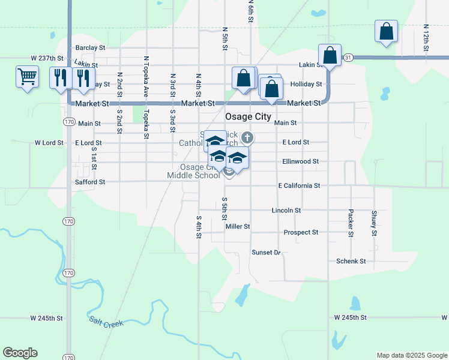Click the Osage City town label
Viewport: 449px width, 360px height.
[248, 117]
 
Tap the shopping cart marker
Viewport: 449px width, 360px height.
[27, 77]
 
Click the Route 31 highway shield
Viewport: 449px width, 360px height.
[348, 58]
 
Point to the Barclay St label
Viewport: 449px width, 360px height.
[90, 47]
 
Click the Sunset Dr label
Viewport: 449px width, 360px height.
[266, 253]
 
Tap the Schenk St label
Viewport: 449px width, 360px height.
[351, 262]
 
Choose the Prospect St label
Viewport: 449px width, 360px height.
[301, 232]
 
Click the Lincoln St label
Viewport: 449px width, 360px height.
[286, 211]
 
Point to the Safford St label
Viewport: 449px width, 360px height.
[90, 182]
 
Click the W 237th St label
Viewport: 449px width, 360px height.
[47, 58]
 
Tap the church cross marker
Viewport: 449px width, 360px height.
[247, 139]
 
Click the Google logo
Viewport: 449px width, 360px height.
[20, 353]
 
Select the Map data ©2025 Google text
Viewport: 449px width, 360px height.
[412, 355]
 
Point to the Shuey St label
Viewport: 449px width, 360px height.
[374, 223]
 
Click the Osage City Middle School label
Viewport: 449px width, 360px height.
[193, 172]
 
